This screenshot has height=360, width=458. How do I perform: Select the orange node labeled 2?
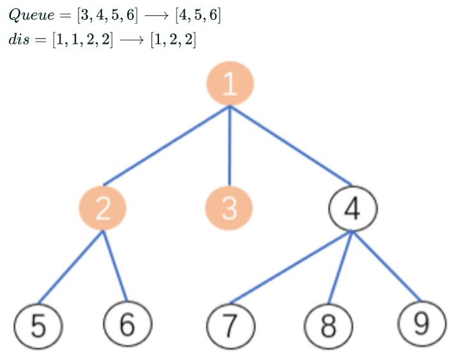point(102,208)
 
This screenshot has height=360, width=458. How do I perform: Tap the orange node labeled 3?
point(229,208)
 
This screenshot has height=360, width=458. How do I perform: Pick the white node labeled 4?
point(353,208)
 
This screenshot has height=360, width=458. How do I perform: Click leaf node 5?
point(38,326)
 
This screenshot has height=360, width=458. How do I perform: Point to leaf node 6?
point(128,324)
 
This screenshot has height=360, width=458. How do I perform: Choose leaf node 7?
point(231,326)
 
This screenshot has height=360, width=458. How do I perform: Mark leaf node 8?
point(328,326)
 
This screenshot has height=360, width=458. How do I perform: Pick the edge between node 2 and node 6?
point(115,266)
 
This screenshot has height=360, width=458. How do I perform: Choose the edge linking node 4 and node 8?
point(340,267)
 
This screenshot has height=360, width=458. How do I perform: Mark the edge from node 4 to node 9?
point(386,267)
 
